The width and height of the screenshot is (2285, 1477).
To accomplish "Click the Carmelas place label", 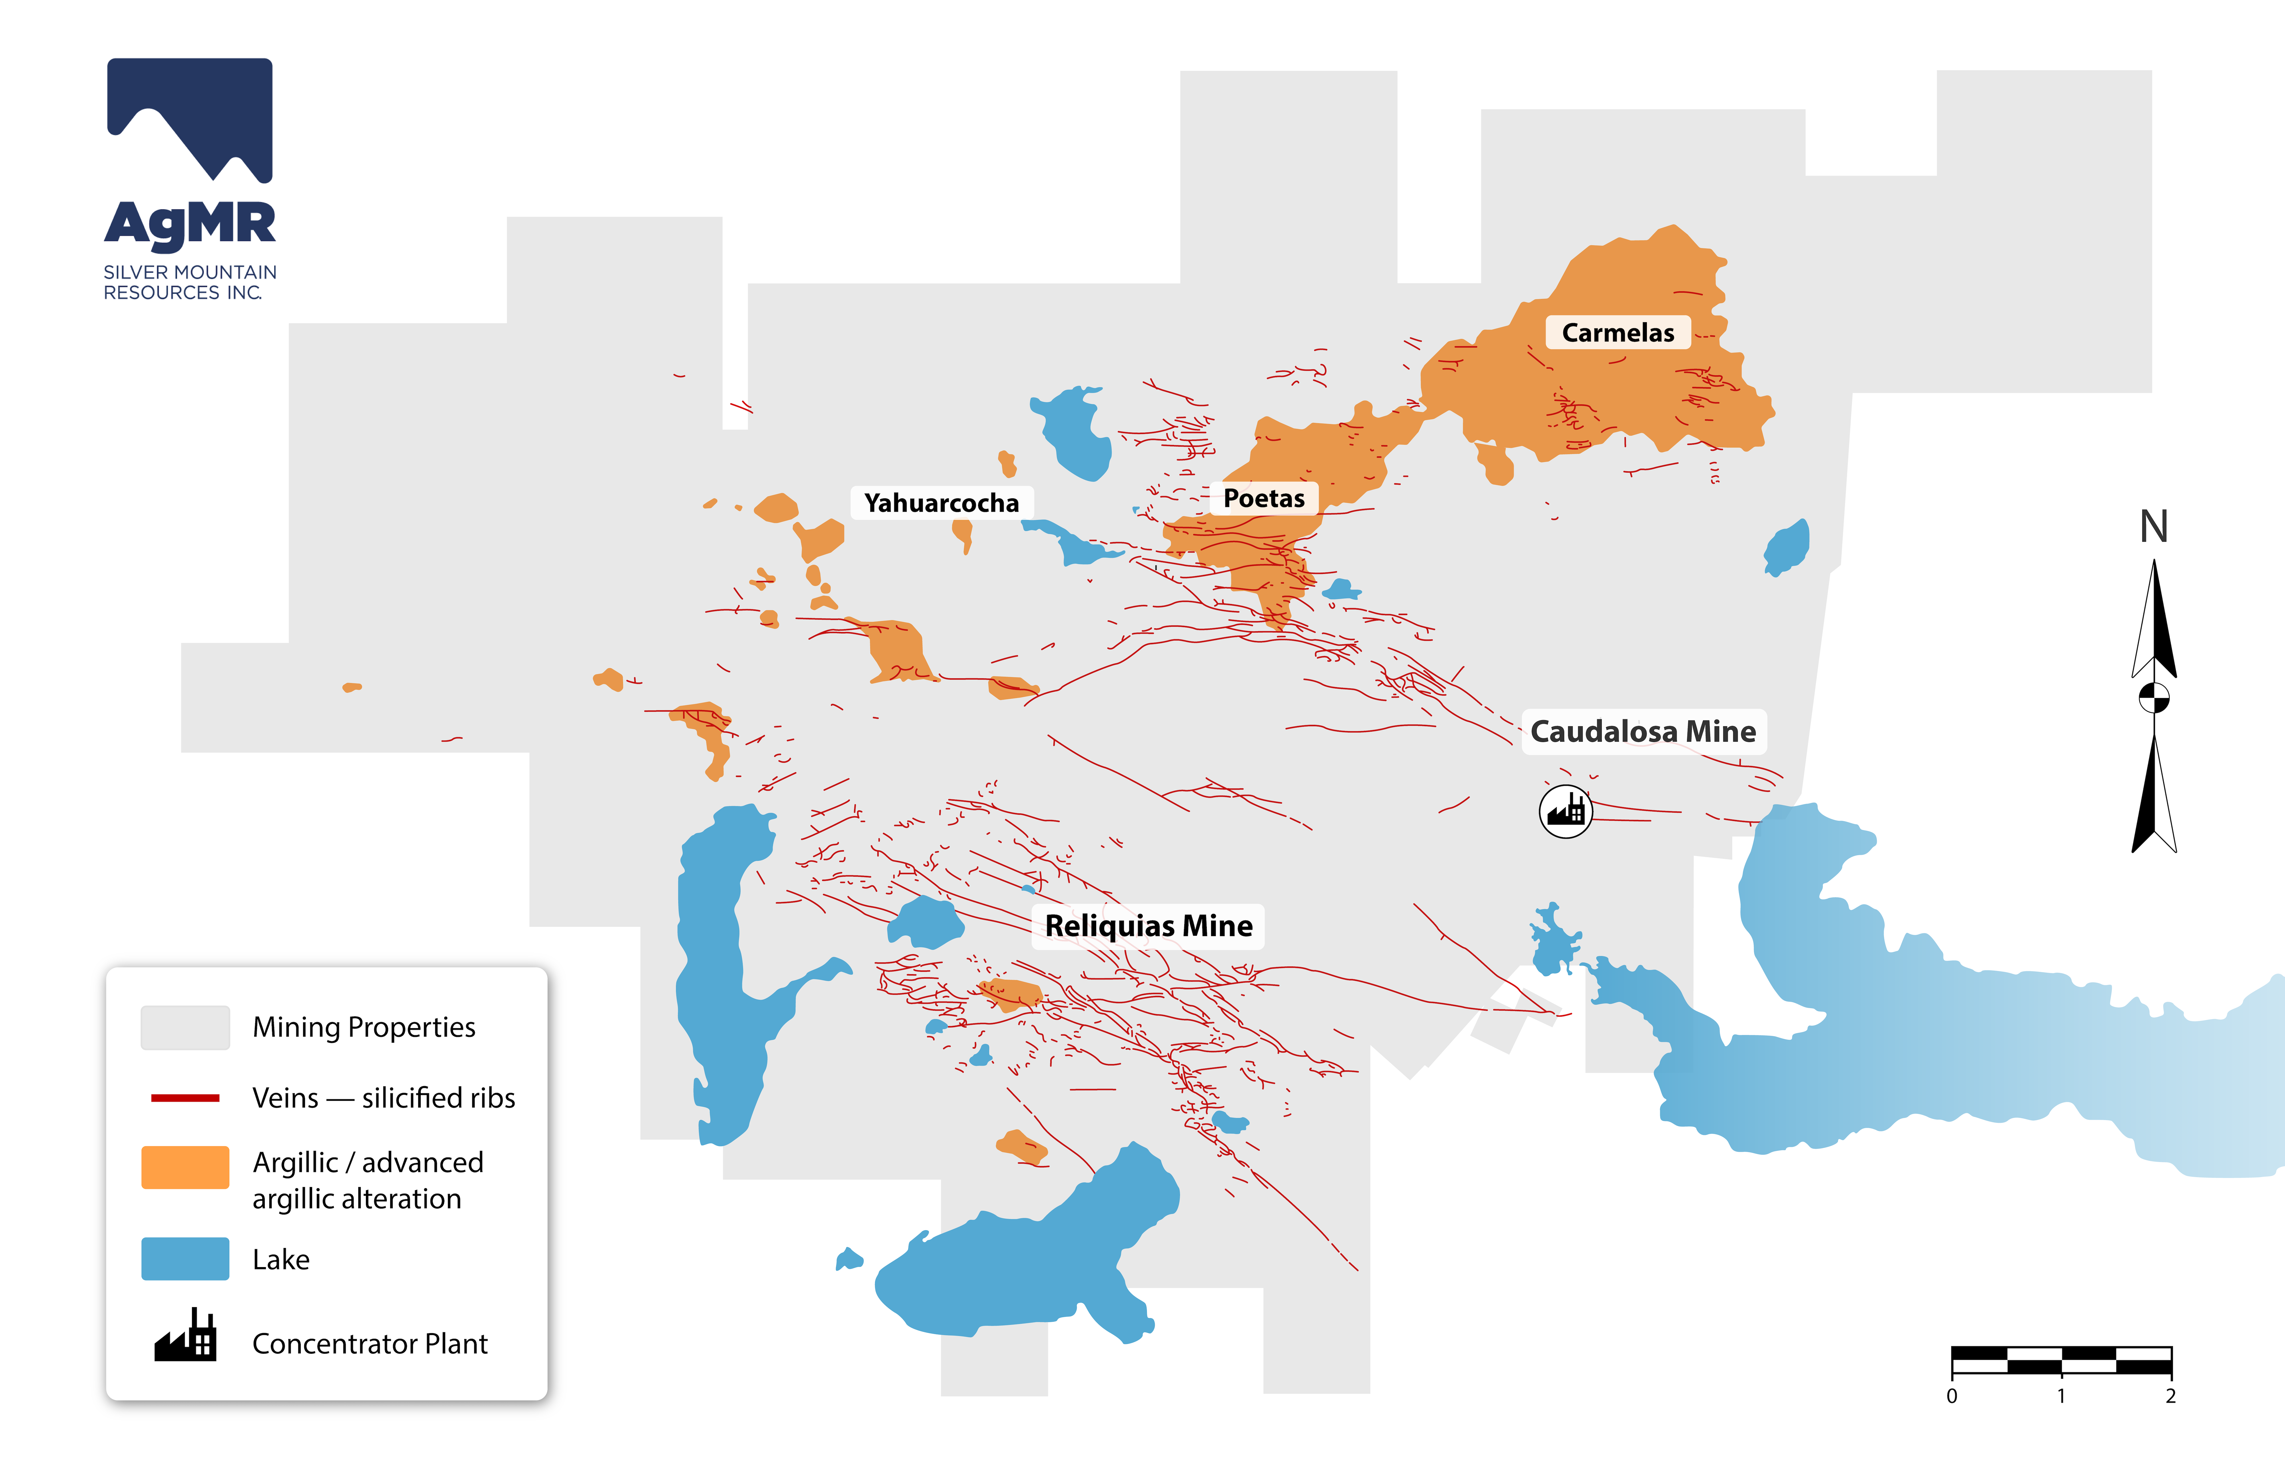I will (x=1617, y=333).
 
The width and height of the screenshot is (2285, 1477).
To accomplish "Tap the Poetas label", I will (x=1263, y=499).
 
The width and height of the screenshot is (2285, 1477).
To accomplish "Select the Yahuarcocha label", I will (x=941, y=503).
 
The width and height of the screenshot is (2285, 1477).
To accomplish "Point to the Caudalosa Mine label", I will (x=1642, y=732).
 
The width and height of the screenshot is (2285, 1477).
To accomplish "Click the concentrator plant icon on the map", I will (x=1566, y=811).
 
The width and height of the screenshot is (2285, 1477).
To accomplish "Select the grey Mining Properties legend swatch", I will (x=185, y=1027).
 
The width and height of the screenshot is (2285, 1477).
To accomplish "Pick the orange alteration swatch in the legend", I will (x=185, y=1167).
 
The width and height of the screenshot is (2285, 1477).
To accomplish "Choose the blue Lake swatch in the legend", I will (x=185, y=1258).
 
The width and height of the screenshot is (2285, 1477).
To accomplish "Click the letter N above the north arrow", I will (x=2154, y=527).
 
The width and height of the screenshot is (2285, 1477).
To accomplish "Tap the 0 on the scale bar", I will (x=1951, y=1396).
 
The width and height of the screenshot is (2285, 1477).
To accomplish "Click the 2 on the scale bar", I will (x=2170, y=1396).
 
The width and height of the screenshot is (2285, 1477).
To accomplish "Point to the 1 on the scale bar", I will (x=2060, y=1396).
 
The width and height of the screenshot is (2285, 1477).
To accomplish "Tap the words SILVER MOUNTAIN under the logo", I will (x=190, y=272).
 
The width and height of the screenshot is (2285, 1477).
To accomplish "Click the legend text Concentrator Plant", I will (x=369, y=1344).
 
